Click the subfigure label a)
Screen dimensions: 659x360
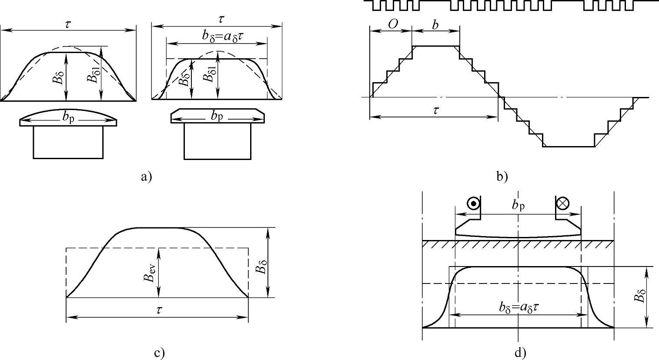click(x=146, y=177)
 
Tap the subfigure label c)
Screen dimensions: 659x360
click(x=159, y=353)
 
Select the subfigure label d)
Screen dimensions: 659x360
click(x=520, y=353)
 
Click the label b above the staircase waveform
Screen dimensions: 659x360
click(x=435, y=25)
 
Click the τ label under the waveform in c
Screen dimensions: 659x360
click(x=159, y=310)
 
